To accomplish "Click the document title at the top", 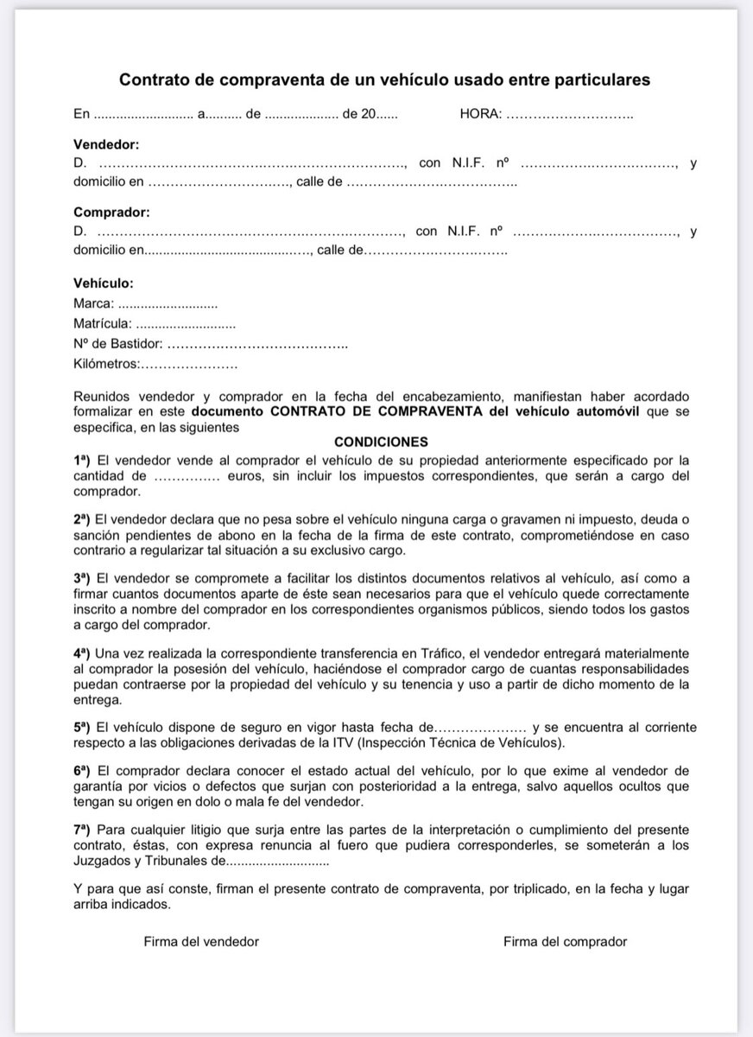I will tap(384, 80).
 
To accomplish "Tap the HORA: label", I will tap(480, 114).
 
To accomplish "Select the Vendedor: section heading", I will tap(106, 143).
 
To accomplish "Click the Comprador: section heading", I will tap(111, 212).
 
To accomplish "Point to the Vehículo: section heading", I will tap(104, 283).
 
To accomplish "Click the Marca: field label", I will tap(94, 303).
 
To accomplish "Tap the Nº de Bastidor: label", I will tap(118, 345).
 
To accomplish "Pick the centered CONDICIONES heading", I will tap(381, 441).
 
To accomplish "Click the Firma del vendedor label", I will tap(201, 941).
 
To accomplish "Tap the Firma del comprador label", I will tap(565, 941).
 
